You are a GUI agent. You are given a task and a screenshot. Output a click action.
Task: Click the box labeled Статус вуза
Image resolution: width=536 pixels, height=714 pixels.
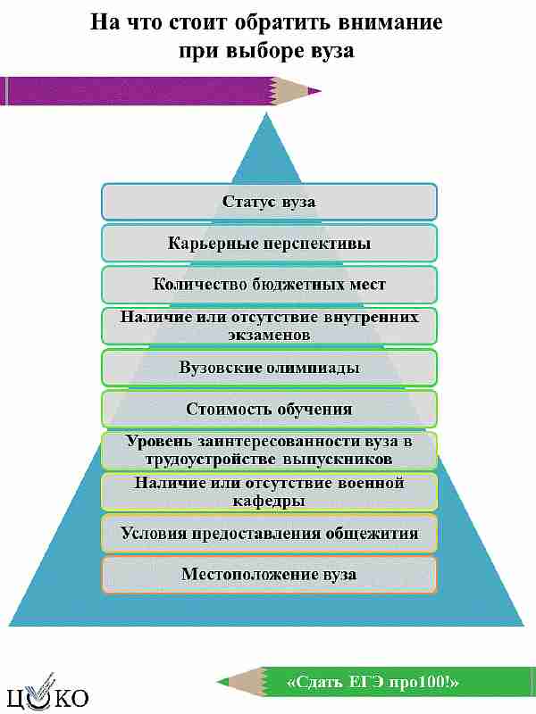click(x=269, y=202)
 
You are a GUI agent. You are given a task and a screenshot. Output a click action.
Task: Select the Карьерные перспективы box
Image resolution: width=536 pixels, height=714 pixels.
click(x=269, y=243)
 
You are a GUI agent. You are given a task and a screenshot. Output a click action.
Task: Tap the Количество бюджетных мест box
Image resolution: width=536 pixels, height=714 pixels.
click(x=269, y=285)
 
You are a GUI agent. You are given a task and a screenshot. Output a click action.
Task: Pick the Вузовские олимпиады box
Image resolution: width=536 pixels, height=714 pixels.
click(x=269, y=368)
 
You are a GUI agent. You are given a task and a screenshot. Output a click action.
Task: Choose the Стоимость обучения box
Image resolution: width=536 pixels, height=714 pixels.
click(x=269, y=409)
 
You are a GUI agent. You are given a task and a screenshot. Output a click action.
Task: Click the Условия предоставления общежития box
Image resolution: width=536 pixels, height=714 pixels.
click(x=269, y=533)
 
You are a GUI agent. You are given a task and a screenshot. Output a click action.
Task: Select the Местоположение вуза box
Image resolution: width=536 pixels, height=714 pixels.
click(x=269, y=575)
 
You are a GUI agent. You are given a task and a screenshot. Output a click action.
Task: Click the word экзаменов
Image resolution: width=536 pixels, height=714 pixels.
click(x=269, y=336)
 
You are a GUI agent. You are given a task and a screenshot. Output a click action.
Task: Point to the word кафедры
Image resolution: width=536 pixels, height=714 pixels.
click(x=269, y=501)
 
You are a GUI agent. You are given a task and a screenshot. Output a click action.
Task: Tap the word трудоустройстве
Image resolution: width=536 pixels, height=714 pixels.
click(x=211, y=459)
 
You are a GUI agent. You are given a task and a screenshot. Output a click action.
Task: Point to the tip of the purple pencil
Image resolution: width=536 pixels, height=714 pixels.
click(x=321, y=91)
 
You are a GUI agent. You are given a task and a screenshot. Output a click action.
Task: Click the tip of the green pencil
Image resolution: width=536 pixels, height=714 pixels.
click(x=217, y=682)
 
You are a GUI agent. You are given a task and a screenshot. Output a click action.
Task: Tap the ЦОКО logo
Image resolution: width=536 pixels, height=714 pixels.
click(x=48, y=693)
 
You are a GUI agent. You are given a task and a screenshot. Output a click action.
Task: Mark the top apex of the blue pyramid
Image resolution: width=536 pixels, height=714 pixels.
click(x=265, y=114)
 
